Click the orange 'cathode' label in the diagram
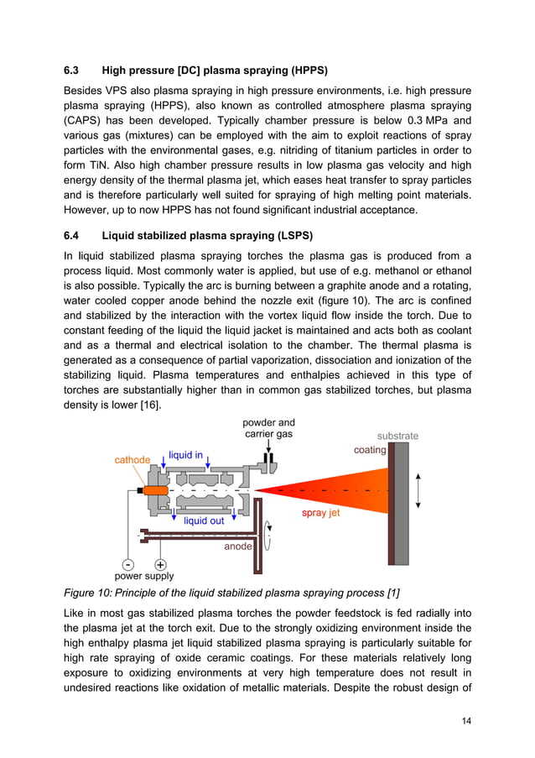click(132, 460)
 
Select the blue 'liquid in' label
click(185, 455)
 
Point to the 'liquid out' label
click(204, 520)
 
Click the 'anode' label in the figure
click(238, 546)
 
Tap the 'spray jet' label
click(320, 512)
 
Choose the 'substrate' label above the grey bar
click(397, 436)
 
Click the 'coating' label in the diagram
click(370, 450)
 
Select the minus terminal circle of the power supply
click(127, 565)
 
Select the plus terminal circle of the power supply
click(160, 565)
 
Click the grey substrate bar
click(401, 504)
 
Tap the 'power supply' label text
click(144, 577)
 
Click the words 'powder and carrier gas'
click(268, 428)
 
